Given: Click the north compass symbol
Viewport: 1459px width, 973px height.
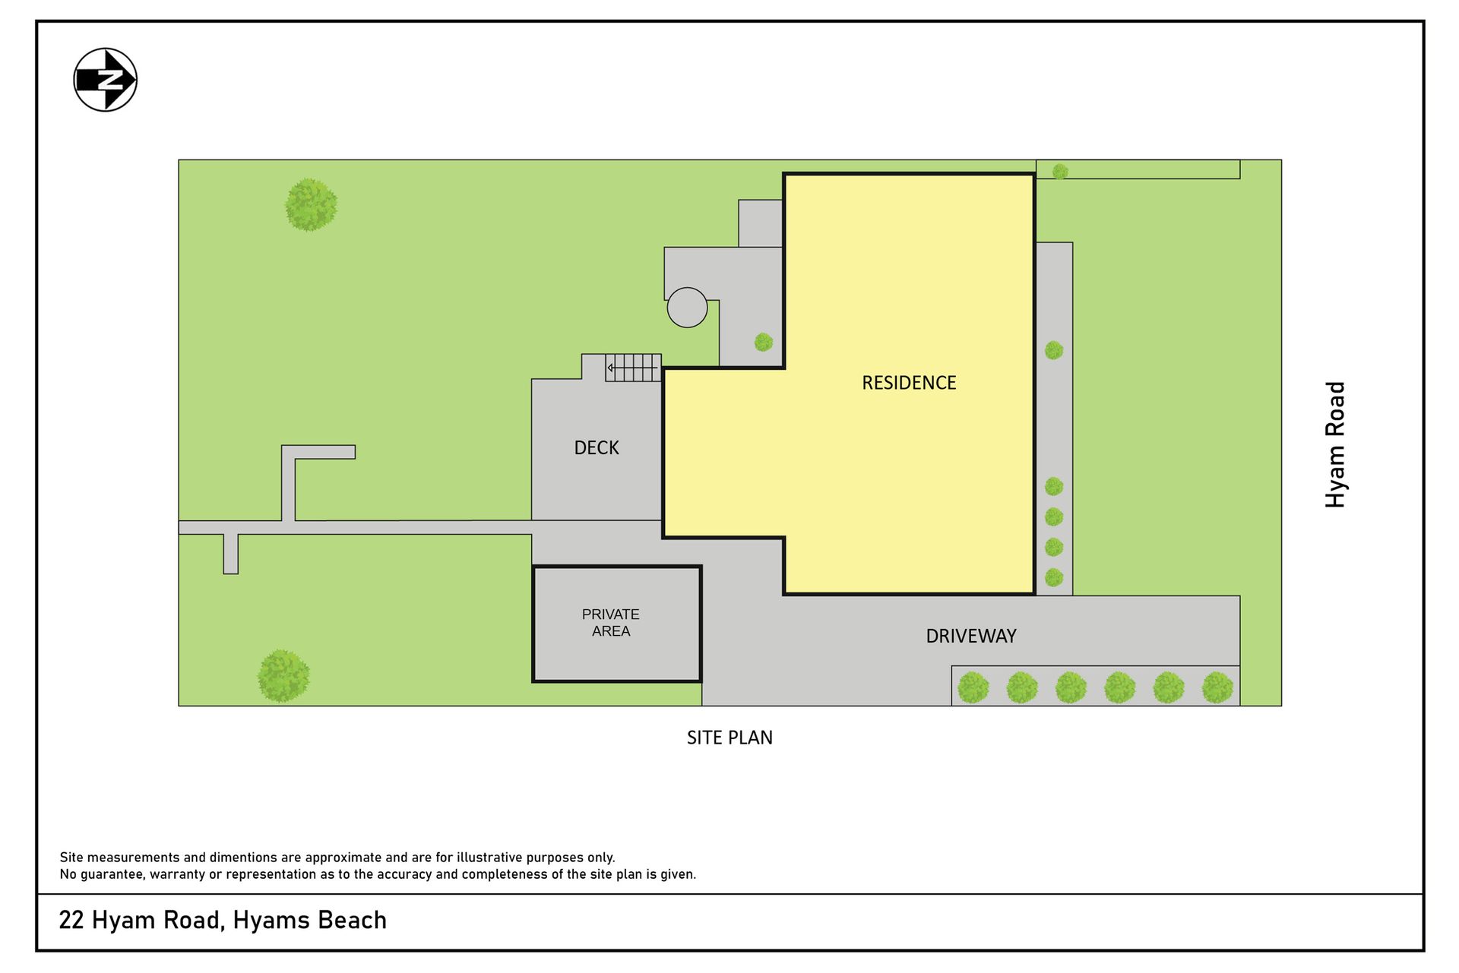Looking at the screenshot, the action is [106, 80].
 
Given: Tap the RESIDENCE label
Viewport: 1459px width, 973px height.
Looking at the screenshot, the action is [909, 383].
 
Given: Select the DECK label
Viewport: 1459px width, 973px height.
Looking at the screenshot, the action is [597, 448].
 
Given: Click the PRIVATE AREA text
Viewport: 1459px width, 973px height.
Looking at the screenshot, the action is [611, 622].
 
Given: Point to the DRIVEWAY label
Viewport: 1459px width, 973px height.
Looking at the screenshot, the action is [971, 637].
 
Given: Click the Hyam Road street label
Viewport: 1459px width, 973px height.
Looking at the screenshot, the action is [1335, 444].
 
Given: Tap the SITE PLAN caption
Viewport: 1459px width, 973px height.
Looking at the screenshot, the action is [729, 738].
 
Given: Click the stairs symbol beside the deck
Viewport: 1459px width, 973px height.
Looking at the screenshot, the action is [633, 368].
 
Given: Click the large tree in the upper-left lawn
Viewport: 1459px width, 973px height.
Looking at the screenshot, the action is [312, 205].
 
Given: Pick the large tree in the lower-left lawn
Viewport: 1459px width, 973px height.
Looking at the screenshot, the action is [283, 676].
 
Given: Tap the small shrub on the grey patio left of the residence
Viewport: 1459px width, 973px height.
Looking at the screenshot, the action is [764, 343].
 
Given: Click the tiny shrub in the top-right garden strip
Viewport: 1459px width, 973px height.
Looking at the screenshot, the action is [1060, 172].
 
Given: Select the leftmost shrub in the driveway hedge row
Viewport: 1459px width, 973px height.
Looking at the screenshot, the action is [973, 687].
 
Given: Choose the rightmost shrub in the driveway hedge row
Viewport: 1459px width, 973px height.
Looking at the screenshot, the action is [1217, 687].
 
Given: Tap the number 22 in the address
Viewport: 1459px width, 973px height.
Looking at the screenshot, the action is [71, 921].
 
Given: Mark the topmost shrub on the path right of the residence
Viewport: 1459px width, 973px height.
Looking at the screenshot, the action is [1054, 350].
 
